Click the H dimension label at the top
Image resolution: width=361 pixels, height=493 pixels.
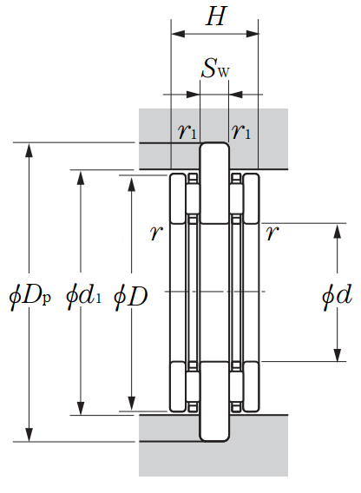[x=216, y=16]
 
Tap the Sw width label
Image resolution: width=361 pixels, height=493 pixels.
[x=215, y=69]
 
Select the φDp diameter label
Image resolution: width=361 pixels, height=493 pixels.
[x=30, y=297]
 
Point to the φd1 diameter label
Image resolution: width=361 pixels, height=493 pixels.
[x=83, y=297]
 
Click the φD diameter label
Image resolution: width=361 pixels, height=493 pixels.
[x=130, y=297]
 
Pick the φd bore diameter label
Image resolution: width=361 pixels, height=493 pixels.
[x=337, y=297]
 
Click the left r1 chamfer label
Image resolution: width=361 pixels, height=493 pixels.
[x=187, y=132]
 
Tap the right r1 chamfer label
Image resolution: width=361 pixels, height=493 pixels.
[x=241, y=132]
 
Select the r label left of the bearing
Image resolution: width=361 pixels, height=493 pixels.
[x=156, y=233]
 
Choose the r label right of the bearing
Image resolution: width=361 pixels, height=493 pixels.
[x=272, y=233]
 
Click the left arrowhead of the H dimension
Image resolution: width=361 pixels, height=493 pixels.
[x=178, y=34]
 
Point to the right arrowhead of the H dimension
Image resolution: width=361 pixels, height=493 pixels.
[x=252, y=34]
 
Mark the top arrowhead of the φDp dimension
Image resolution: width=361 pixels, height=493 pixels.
[x=29, y=150]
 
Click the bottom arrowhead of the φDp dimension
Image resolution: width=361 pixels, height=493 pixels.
[x=29, y=434]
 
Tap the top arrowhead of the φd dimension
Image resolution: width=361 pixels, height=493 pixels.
[x=338, y=231]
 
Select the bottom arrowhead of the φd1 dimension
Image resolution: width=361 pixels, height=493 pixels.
[x=81, y=408]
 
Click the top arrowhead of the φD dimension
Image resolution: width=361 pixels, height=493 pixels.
[x=132, y=183]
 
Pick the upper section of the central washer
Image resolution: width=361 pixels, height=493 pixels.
[x=214, y=183]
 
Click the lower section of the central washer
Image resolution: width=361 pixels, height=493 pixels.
[x=214, y=402]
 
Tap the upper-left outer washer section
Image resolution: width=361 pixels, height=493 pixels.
[x=178, y=199]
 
